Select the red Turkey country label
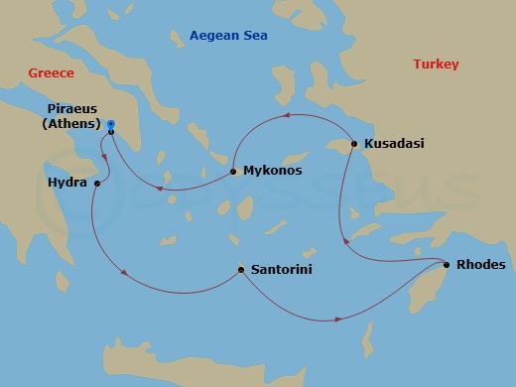436,64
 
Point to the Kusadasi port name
394,144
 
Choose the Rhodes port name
481,265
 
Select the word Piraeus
72,109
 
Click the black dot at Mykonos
233,172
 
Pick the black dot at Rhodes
447,265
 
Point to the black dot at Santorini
241,269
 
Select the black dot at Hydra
97,184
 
